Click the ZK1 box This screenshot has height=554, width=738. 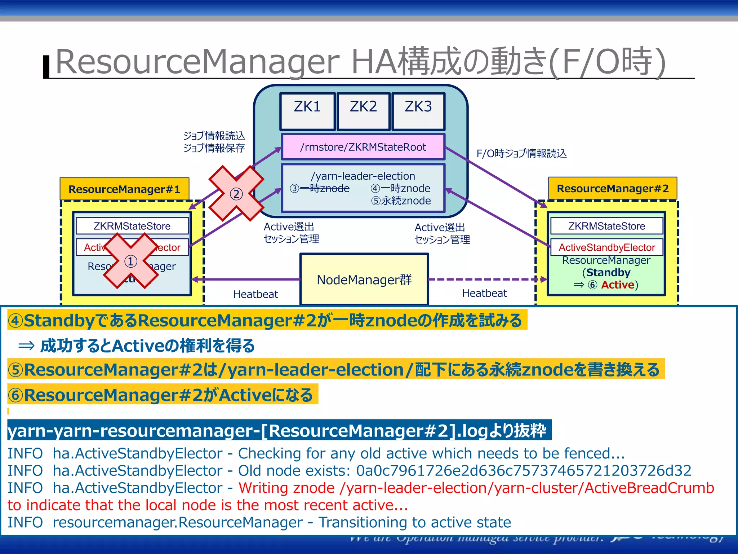(x=307, y=111)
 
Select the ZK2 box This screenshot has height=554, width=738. (x=363, y=111)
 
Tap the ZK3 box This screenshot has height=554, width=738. (x=418, y=111)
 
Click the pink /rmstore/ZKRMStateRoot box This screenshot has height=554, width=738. (x=363, y=147)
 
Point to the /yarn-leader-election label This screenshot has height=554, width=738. (x=363, y=176)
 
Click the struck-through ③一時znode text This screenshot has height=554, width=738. (x=320, y=188)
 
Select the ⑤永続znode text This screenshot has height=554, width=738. (x=401, y=201)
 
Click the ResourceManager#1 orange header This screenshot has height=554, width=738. (x=124, y=189)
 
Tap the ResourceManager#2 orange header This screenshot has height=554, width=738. (x=613, y=188)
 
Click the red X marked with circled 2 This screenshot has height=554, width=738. (x=236, y=194)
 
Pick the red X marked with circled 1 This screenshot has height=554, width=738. (x=131, y=261)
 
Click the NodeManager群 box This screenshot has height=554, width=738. (x=364, y=280)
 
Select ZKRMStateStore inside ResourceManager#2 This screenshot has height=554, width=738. (x=606, y=226)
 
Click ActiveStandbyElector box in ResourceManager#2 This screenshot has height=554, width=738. (x=606, y=247)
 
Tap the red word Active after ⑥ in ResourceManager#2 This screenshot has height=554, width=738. (x=617, y=285)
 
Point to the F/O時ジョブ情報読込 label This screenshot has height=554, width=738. (x=521, y=154)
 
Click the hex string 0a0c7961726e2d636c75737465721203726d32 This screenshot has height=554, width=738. (x=524, y=471)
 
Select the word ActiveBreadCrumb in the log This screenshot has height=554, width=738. (x=649, y=488)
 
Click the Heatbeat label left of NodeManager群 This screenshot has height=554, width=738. (x=255, y=294)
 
